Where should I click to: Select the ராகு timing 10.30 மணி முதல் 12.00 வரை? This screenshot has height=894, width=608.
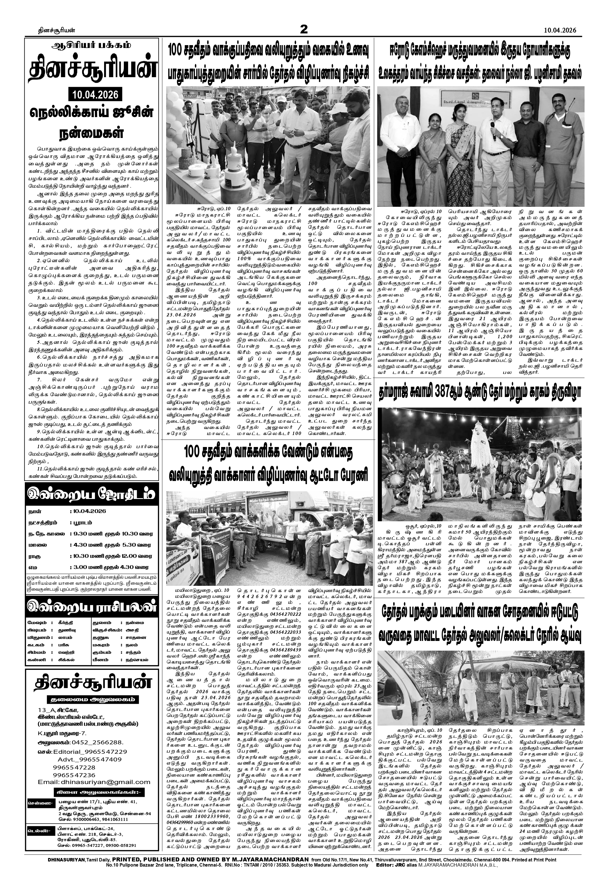(112, 556)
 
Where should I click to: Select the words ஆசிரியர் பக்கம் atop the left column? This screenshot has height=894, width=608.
(92, 45)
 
